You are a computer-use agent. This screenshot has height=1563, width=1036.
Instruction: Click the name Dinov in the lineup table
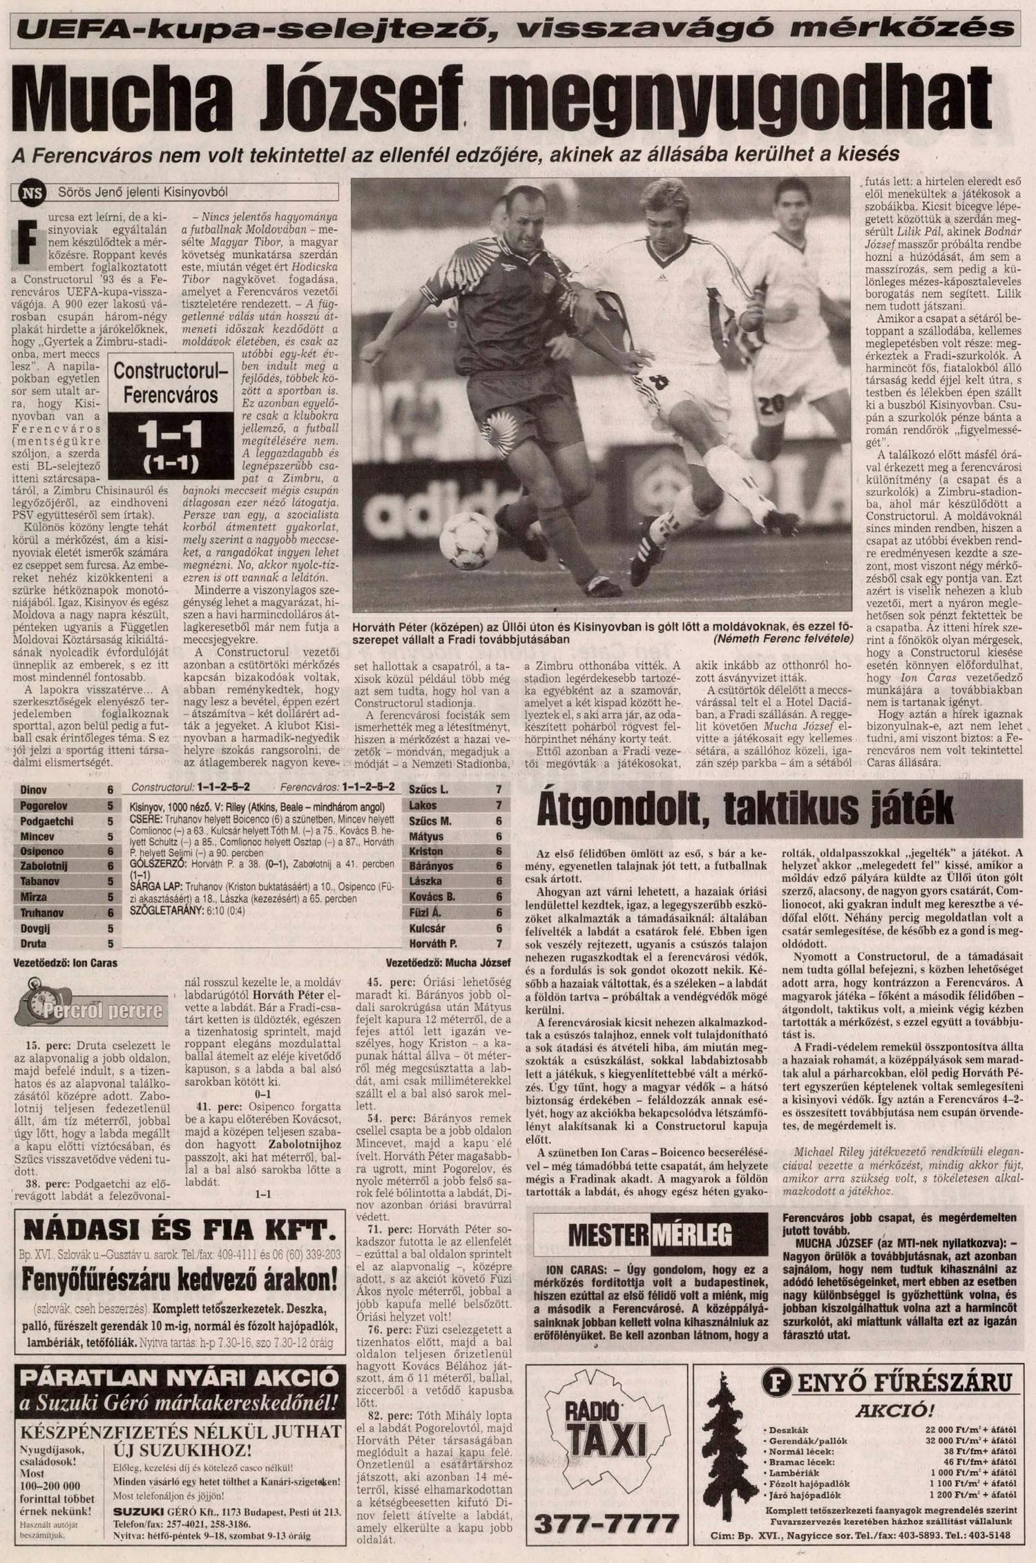click(x=34, y=789)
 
